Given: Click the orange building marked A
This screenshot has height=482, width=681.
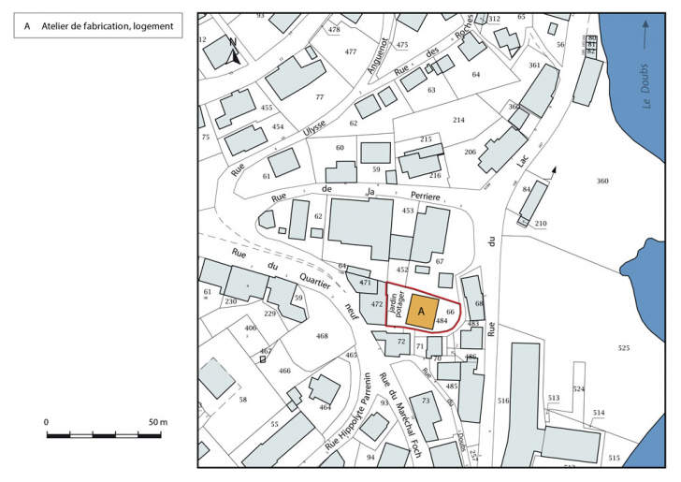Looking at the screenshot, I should (422, 312).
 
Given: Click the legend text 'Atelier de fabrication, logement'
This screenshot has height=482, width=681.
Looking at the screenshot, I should (108, 26).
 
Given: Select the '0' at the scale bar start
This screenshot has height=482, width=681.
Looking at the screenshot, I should (47, 423).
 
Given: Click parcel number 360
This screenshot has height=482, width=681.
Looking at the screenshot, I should (602, 181).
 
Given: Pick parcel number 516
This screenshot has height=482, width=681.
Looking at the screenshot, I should (503, 400).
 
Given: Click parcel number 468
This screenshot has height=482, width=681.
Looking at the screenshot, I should (323, 336).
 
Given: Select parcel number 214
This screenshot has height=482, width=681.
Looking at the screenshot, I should (458, 120).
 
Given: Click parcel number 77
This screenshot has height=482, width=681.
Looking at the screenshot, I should (319, 97).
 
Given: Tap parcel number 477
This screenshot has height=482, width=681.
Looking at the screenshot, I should (351, 51).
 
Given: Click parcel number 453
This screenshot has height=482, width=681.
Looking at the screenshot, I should (408, 212).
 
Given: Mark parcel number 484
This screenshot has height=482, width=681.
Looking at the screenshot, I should (454, 321).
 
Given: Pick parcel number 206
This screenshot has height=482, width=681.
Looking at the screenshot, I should (471, 152).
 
